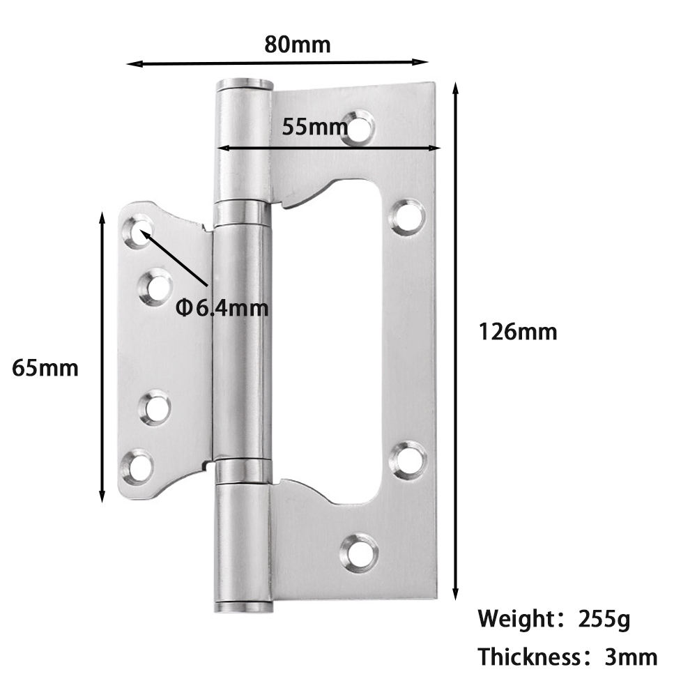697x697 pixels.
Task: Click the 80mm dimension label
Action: pyautogui.click(x=298, y=45)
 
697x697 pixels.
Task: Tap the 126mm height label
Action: pyautogui.click(x=517, y=332)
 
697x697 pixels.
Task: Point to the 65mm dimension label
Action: pyautogui.click(x=45, y=367)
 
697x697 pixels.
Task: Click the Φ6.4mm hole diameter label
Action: pyautogui.click(x=222, y=307)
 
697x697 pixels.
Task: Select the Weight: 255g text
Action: pyautogui.click(x=554, y=618)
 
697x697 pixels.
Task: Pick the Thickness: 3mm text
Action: pyautogui.click(x=567, y=657)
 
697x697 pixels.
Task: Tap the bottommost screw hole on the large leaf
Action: pyautogui.click(x=360, y=551)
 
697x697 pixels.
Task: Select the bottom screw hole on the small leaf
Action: pyautogui.click(x=139, y=465)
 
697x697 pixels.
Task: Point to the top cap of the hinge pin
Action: pyautogui.click(x=243, y=86)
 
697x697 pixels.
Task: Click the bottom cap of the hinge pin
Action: pyautogui.click(x=243, y=606)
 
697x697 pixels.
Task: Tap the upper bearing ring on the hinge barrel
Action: pyautogui.click(x=241, y=212)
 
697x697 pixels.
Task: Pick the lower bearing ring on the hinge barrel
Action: pyautogui.click(x=241, y=471)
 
